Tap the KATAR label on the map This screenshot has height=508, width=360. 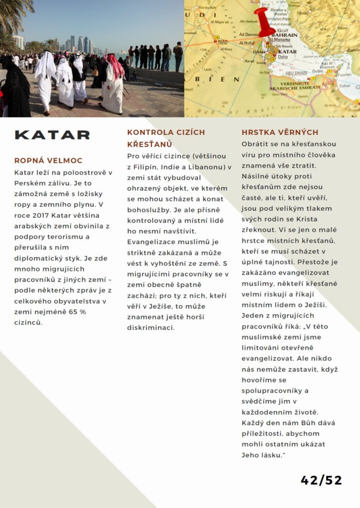coord(287,52)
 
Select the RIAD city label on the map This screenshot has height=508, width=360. coord(223,42)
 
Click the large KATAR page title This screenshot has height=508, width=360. coord(53,135)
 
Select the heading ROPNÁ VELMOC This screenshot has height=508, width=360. coord(49,161)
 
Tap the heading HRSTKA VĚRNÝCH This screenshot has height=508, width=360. coord(280,132)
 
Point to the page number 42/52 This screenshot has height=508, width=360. coord(321,480)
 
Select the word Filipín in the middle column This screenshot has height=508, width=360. coord(148,167)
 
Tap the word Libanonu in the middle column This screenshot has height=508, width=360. coord(205,167)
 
